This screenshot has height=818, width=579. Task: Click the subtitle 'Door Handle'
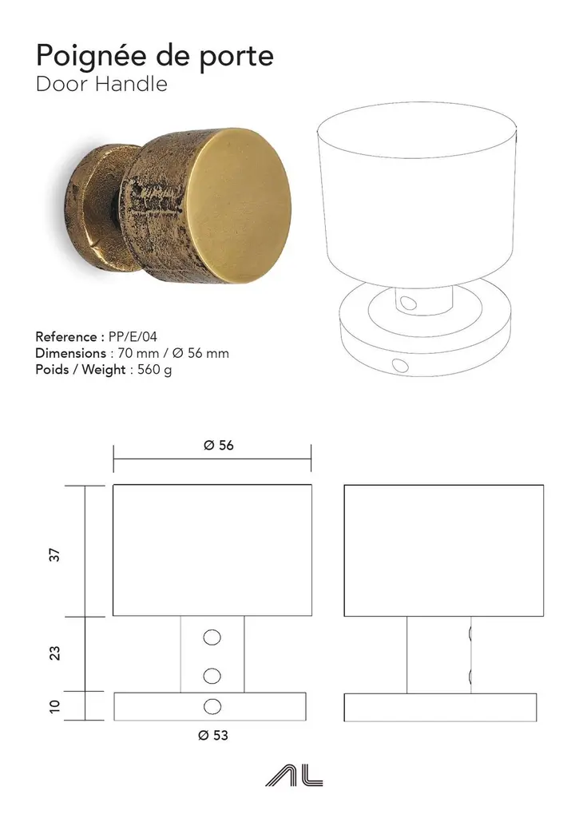pyautogui.click(x=101, y=84)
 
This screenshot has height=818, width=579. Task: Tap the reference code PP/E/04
pyautogui.click(x=133, y=336)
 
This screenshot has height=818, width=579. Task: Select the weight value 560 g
pyautogui.click(x=154, y=369)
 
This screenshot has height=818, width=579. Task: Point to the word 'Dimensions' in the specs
pyautogui.click(x=70, y=353)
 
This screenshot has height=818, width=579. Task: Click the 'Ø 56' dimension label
pyautogui.click(x=219, y=445)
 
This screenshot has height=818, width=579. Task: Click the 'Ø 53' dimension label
pyautogui.click(x=213, y=735)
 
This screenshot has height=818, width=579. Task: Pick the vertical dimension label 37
pyautogui.click(x=54, y=555)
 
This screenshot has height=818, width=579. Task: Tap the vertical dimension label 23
pyautogui.click(x=54, y=653)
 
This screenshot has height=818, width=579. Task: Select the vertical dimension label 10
pyautogui.click(x=54, y=706)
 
